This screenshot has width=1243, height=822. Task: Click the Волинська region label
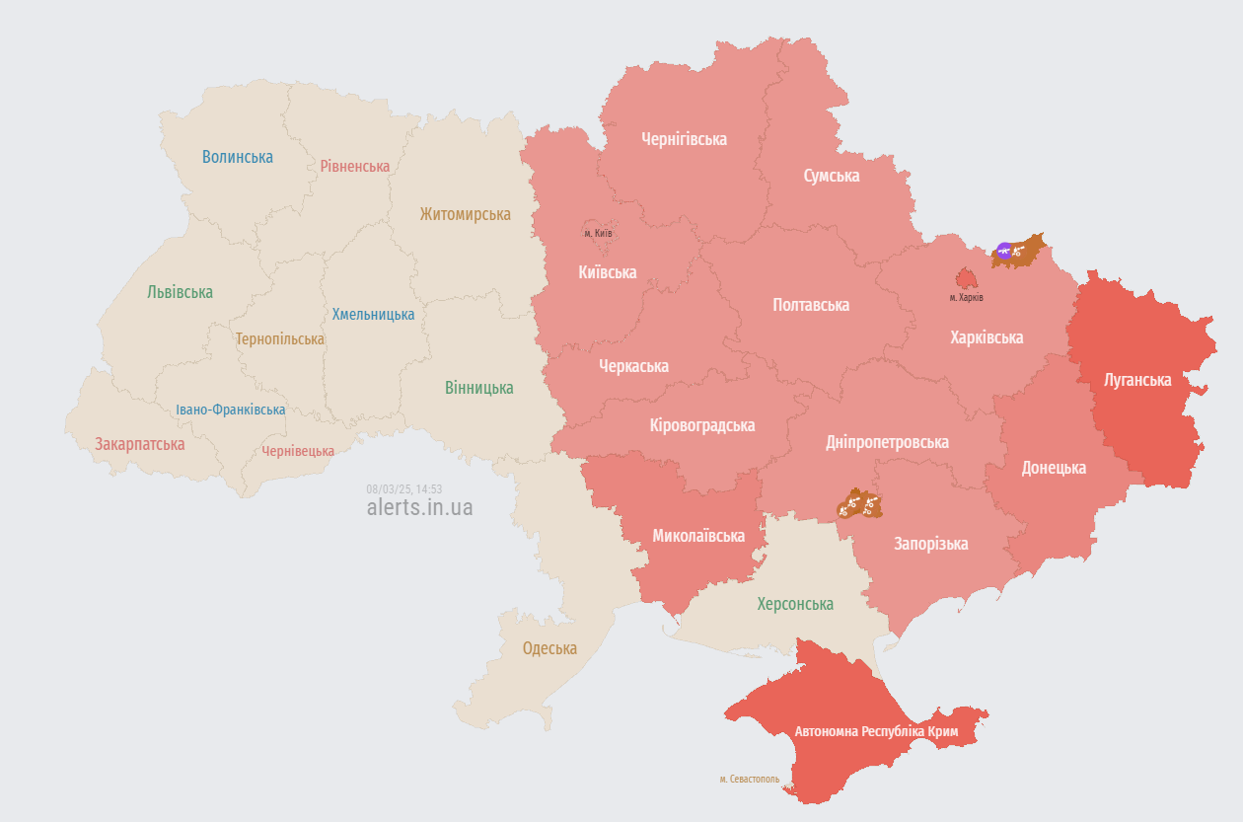pyautogui.click(x=238, y=157)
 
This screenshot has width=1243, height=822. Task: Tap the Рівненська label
pyautogui.click(x=355, y=166)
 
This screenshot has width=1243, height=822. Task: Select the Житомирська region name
pyautogui.click(x=466, y=214)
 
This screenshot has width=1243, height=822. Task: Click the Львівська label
pyautogui.click(x=181, y=292)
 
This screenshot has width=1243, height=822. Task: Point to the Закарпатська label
pyautogui.click(x=140, y=444)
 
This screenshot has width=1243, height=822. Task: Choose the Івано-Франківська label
pyautogui.click(x=231, y=410)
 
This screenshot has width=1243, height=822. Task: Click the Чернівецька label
pyautogui.click(x=298, y=451)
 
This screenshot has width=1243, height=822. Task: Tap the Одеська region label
pyautogui.click(x=549, y=648)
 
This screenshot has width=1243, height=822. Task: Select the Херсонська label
pyautogui.click(x=795, y=604)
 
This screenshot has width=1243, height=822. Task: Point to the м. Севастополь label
pyautogui.click(x=750, y=780)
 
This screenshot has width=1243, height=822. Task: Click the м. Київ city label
pyautogui.click(x=598, y=233)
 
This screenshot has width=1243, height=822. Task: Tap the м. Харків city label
pyautogui.click(x=967, y=297)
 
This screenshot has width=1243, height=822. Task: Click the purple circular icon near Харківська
pyautogui.click(x=1004, y=251)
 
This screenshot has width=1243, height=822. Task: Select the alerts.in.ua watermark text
pyautogui.click(x=419, y=508)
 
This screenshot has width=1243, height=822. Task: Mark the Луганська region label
pyautogui.click(x=1137, y=380)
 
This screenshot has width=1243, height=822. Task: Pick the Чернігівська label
pyautogui.click(x=684, y=139)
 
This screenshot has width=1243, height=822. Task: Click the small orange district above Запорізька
pyautogui.click(x=858, y=505)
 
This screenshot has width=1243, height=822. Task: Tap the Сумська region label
pyautogui.click(x=832, y=176)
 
